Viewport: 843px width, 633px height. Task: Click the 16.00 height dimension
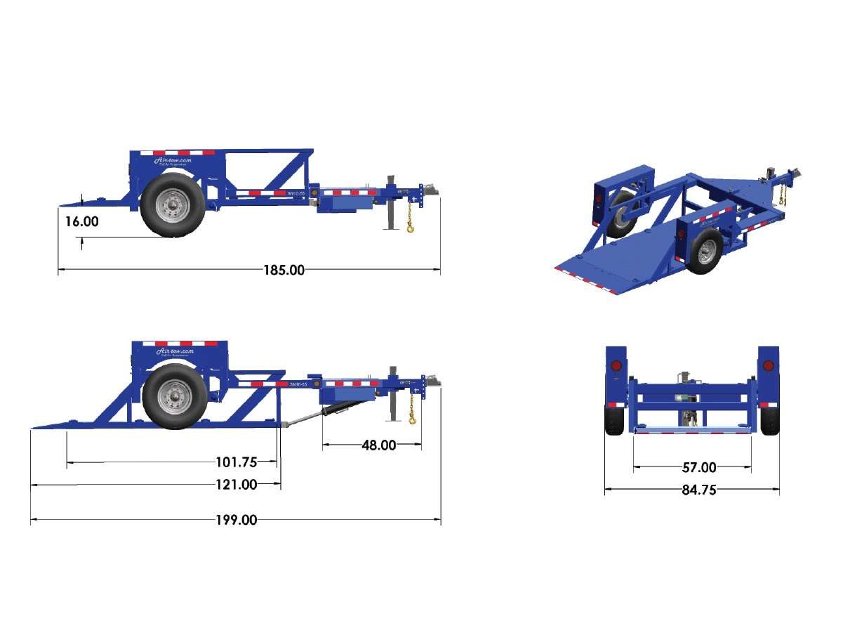[x=82, y=221]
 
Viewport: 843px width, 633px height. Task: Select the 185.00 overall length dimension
[x=284, y=270]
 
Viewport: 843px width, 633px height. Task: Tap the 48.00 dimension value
[x=378, y=445]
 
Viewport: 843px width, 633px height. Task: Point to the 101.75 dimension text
[x=237, y=462]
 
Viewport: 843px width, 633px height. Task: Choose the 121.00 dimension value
[x=236, y=484]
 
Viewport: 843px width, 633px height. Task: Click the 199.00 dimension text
[x=236, y=520]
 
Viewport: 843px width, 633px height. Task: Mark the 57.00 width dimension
[x=699, y=467]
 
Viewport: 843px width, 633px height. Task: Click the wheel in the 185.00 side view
[x=173, y=204]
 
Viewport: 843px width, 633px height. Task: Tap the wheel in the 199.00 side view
[x=175, y=396]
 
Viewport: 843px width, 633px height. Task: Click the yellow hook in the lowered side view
[x=412, y=419]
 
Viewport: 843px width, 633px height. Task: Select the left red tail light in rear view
[x=616, y=367]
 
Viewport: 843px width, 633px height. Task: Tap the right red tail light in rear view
[x=768, y=367]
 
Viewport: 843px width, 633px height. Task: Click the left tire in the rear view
[x=615, y=420]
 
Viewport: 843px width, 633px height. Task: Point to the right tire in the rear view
[x=769, y=420]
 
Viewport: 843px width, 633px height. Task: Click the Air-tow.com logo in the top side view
[x=173, y=161]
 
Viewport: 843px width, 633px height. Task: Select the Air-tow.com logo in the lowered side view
[x=174, y=351]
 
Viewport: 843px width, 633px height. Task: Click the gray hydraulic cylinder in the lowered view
[x=303, y=419]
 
